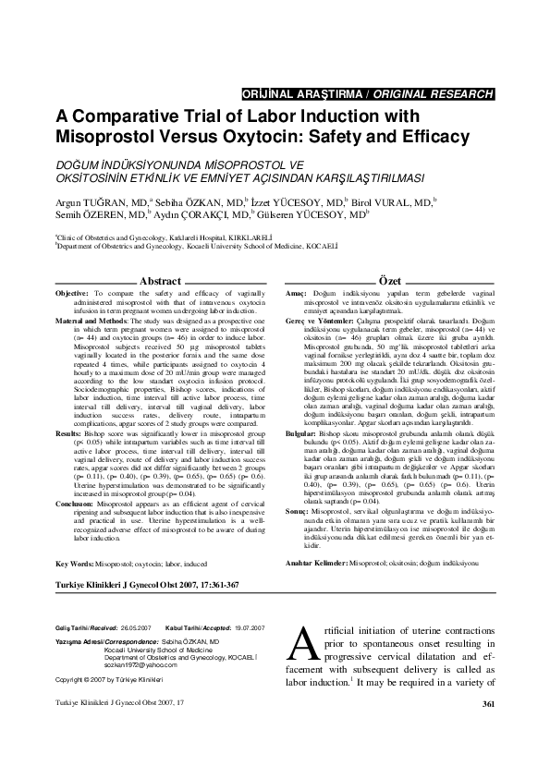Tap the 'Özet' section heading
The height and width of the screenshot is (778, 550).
pos(389,280)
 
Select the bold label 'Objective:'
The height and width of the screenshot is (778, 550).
pos(72,292)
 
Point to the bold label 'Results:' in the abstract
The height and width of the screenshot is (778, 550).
pos(70,407)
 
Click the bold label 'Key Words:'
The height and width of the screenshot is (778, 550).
pos(74,511)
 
